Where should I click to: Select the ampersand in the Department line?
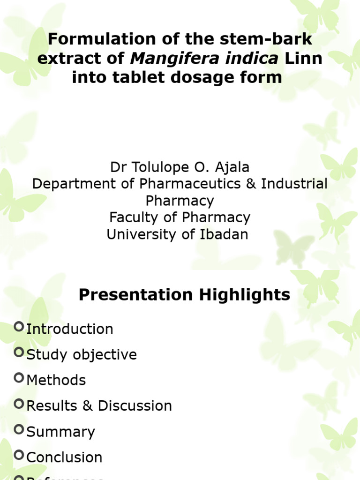(249, 184)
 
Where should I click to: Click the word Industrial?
(294, 184)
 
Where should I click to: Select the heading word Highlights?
(245, 295)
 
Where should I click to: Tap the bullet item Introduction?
(70, 329)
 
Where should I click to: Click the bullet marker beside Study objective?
(19, 352)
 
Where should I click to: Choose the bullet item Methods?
(56, 380)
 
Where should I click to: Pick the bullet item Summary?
(61, 432)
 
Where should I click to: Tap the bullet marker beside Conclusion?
(19, 454)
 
